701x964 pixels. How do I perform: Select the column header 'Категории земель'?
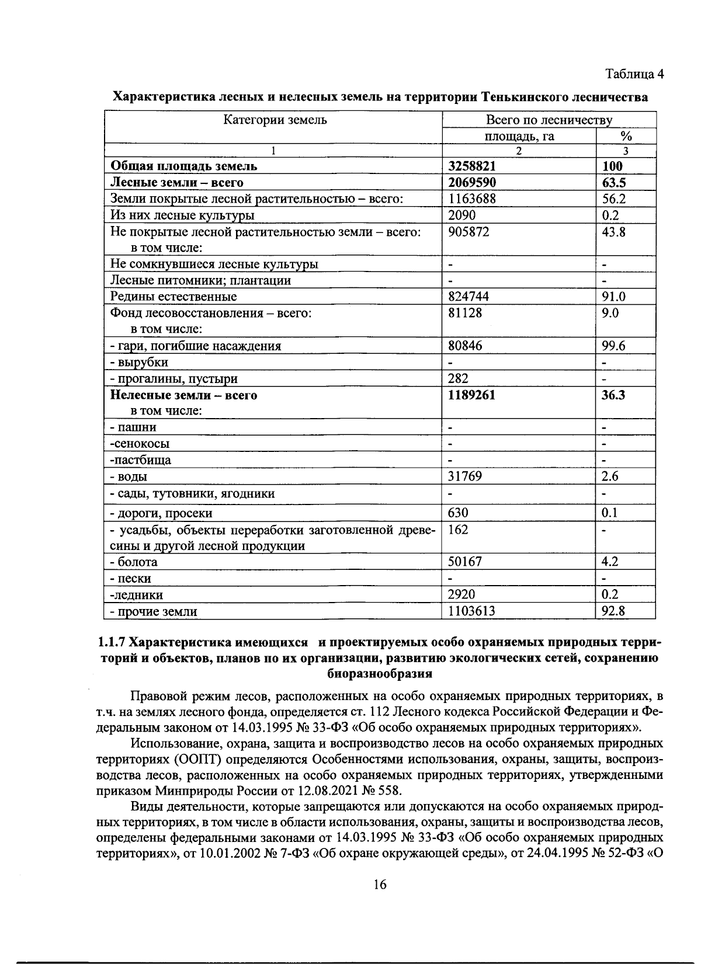coord(275,120)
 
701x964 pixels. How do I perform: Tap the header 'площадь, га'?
coord(519,136)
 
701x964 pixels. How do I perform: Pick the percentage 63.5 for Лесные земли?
coord(613,182)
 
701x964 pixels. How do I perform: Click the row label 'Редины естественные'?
coord(173,297)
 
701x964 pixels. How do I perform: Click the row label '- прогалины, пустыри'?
coord(173,379)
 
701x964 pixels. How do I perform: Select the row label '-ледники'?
coord(137,595)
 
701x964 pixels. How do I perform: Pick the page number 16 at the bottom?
coord(379,885)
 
